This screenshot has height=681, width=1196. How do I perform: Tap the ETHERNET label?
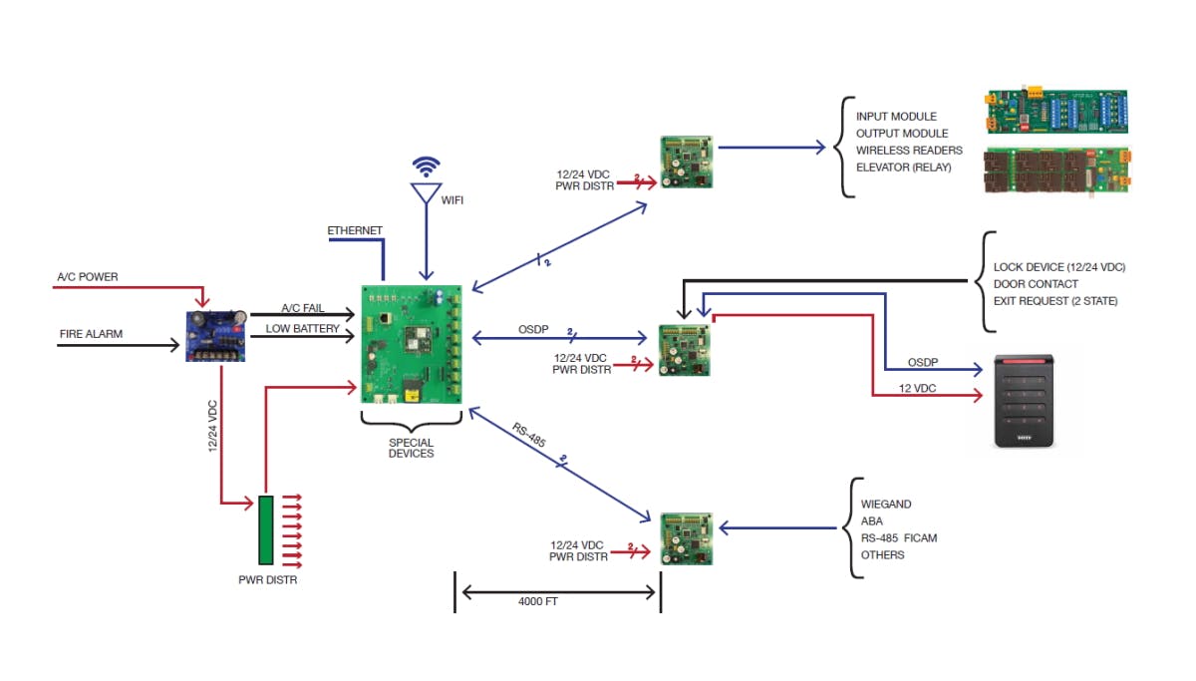[x=355, y=231]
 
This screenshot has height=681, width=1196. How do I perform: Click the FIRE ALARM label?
[x=91, y=334]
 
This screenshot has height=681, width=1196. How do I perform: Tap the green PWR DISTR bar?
[x=266, y=529]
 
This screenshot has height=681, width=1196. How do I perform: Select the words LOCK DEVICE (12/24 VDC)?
[x=1059, y=267]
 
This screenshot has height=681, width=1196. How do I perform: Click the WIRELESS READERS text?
[x=909, y=151]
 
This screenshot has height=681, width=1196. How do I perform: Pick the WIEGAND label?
[x=886, y=505]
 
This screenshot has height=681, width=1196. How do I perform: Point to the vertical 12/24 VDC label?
[x=212, y=426]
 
